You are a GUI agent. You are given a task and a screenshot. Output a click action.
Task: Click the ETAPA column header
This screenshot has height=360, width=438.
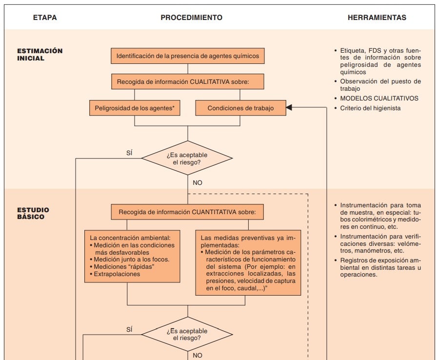pyautogui.click(x=45, y=18)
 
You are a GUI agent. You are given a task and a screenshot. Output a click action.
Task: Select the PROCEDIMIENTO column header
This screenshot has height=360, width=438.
pyautogui.click(x=191, y=18)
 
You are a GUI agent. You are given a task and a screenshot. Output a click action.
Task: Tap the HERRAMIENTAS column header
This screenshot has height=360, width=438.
pyautogui.click(x=377, y=18)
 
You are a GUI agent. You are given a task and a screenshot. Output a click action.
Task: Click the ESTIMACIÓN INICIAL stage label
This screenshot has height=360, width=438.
pyautogui.click(x=40, y=54)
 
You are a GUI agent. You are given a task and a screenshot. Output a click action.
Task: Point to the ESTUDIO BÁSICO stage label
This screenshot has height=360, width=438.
pyautogui.click(x=33, y=213)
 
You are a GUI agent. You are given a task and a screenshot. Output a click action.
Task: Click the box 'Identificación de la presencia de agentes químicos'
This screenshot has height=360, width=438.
pyautogui.click(x=188, y=56)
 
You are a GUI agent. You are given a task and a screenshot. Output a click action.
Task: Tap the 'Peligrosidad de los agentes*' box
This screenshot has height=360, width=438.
pyautogui.click(x=135, y=108)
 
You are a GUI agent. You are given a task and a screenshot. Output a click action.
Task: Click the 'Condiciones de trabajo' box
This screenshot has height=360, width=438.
pyautogui.click(x=240, y=108)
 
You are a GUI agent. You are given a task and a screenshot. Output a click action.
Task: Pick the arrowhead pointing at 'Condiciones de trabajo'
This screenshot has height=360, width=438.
pyautogui.click(x=289, y=108)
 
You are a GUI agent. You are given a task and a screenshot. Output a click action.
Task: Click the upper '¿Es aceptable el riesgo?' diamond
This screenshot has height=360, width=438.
pyautogui.click(x=187, y=158)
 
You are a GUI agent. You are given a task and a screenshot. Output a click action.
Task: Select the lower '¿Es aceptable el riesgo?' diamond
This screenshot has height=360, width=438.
pyautogui.click(x=187, y=334)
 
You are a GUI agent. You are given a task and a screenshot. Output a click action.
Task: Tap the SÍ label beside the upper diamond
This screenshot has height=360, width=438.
pyautogui.click(x=129, y=153)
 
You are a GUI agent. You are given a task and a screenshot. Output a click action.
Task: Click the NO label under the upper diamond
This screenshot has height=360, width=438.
pyautogui.click(x=197, y=182)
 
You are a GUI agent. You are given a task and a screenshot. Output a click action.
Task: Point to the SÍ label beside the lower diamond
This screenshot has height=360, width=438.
pyautogui.click(x=129, y=329)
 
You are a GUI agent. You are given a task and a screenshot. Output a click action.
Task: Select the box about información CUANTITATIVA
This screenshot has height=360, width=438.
pyautogui.click(x=188, y=212)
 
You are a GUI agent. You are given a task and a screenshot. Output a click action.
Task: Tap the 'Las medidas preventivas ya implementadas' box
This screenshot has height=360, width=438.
pyautogui.click(x=248, y=262)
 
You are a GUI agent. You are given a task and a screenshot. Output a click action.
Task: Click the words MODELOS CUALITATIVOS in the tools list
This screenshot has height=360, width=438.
pyautogui.click(x=379, y=98)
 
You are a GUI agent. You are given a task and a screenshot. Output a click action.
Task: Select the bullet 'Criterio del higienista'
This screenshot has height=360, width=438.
pyautogui.click(x=370, y=108)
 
